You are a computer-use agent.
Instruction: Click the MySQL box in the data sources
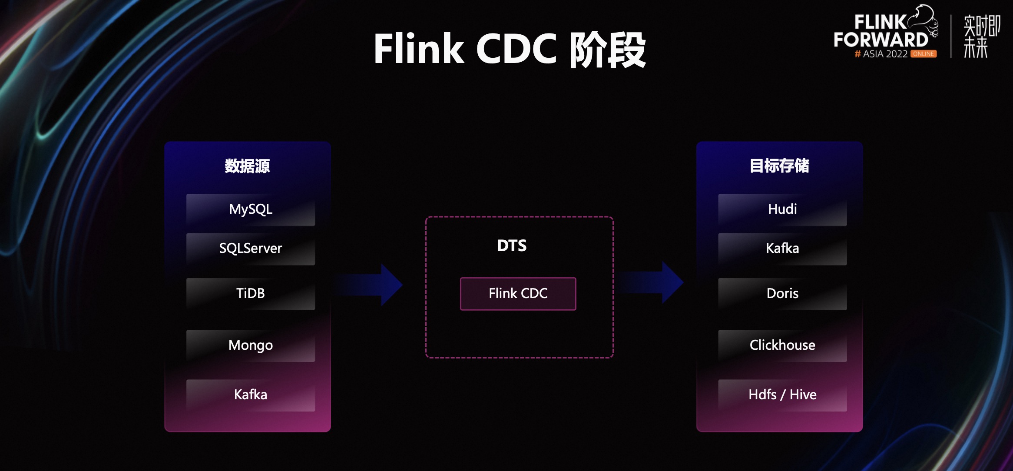pos(251,209)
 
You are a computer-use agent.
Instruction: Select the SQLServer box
pos(251,249)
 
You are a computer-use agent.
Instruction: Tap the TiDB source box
pos(251,294)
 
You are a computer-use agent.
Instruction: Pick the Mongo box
pos(251,345)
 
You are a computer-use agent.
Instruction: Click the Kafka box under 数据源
pos(251,395)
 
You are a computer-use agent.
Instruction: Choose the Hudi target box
pos(782,209)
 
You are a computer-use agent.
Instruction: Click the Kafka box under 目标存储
pos(782,249)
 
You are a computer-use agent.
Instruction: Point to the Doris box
pos(782,294)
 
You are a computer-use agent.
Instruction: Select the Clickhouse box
pos(782,345)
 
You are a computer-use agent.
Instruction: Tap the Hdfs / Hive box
pos(782,395)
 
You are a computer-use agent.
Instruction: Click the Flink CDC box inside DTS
pos(518,294)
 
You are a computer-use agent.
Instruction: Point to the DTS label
pos(512,246)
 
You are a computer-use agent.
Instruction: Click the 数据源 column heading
pos(247,166)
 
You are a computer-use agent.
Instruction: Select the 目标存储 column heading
pos(779,166)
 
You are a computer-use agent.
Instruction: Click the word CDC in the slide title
pos(516,49)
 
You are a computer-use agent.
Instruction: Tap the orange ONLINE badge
pos(924,54)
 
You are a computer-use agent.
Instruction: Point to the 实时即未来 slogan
pos(981,36)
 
